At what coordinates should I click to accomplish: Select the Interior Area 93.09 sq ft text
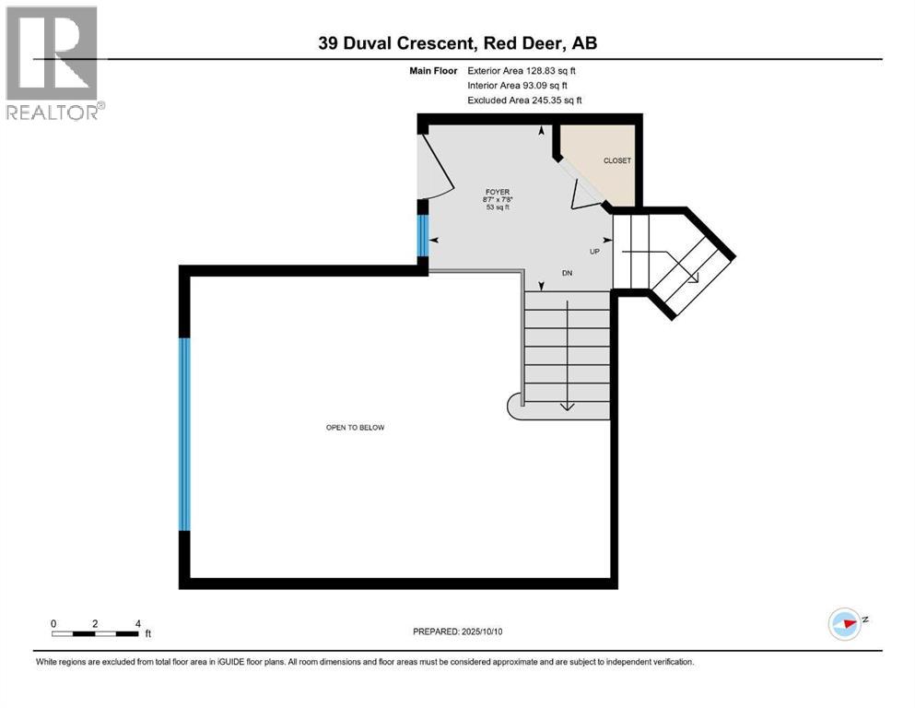pos(521,85)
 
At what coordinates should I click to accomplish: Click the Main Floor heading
pos(433,70)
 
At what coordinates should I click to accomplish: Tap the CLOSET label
pos(616,160)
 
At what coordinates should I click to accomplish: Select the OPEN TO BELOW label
pos(355,427)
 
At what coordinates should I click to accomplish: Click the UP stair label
pos(595,250)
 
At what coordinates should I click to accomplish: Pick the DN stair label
pos(568,274)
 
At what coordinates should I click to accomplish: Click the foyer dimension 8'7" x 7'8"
pos(498,200)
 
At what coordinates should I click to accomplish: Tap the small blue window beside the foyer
pos(423,235)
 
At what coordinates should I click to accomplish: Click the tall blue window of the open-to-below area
pos(184,433)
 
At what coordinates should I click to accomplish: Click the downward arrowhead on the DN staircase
pos(567,405)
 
